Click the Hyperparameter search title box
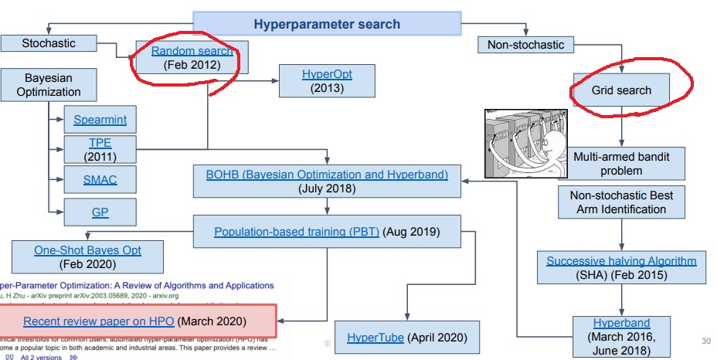tap(327, 23)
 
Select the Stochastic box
tap(49, 43)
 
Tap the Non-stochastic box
tap(525, 45)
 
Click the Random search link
tap(192, 51)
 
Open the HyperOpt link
tap(326, 74)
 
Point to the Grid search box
tap(621, 90)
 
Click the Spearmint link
tap(100, 120)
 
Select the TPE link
tap(100, 143)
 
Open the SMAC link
tap(100, 181)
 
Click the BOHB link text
tap(327, 174)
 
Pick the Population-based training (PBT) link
tap(297, 231)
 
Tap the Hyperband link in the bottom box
tap(621, 322)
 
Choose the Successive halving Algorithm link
tap(621, 260)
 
